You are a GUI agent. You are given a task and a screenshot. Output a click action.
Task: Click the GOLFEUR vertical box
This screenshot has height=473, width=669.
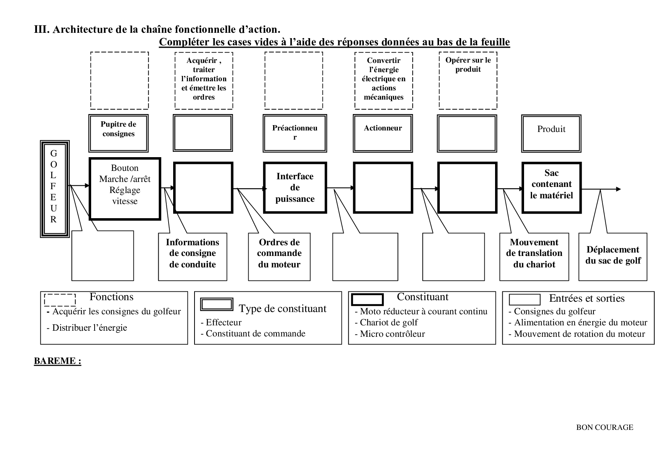coord(55,189)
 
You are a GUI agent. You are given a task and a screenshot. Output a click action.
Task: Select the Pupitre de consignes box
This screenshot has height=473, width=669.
coord(118,133)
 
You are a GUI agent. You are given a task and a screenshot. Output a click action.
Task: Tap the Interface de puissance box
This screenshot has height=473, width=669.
coord(295,187)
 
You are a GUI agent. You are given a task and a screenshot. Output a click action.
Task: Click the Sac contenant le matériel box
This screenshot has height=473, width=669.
coord(551,187)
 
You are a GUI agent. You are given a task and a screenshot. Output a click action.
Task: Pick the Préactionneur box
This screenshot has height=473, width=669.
coord(294,133)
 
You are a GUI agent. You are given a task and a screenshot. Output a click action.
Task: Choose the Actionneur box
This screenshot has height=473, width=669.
coord(383,133)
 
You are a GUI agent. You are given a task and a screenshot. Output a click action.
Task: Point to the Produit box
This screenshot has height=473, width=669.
coord(551,133)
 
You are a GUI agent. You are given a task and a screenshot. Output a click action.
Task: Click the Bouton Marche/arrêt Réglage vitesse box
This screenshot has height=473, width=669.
coord(125,188)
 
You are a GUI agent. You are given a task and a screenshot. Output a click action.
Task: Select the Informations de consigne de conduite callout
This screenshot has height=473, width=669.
coord(193,257)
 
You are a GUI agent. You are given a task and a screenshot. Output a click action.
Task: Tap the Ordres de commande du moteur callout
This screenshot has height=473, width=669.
coord(279,257)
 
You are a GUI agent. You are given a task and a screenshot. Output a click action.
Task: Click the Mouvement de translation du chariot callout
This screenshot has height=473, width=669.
coord(534,257)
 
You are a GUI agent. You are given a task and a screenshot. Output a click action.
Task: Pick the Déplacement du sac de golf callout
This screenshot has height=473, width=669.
coord(613,257)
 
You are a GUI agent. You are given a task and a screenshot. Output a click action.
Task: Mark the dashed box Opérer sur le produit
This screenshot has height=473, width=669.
coord(468,80)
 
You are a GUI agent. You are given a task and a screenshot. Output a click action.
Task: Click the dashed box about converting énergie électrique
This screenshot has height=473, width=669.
coord(383,80)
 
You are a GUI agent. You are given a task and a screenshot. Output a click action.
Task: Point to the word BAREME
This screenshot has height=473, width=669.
coord(57,361)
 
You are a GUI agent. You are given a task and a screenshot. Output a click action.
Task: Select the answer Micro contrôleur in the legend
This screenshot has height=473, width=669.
coord(392,334)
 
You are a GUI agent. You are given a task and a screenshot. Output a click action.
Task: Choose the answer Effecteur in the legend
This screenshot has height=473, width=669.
coord(224,322)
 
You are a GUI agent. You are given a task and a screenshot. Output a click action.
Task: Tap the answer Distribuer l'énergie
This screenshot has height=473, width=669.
coord(89,328)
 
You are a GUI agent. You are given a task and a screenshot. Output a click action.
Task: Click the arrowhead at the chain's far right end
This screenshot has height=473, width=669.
coord(618,189)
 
